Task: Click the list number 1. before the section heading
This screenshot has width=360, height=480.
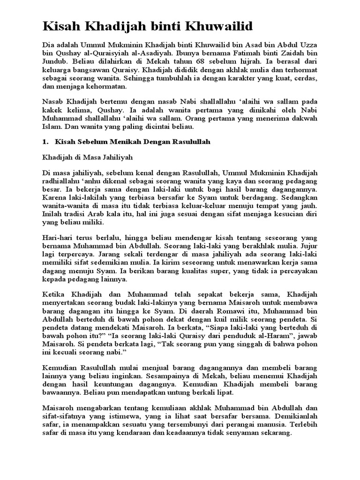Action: [x=45, y=142]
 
